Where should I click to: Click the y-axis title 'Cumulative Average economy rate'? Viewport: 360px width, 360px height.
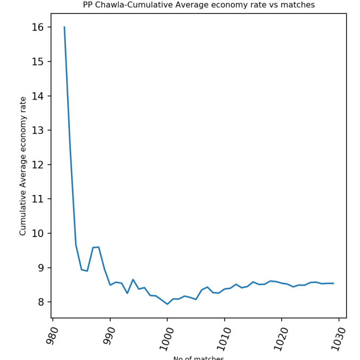click(x=23, y=166)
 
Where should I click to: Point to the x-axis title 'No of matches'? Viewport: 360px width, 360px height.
click(x=199, y=358)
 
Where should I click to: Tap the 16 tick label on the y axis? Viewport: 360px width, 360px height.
click(x=38, y=27)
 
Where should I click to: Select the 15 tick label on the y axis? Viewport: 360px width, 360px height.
click(x=38, y=62)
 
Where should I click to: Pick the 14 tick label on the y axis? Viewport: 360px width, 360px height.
click(x=38, y=96)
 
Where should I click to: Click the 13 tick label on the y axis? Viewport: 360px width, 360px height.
click(x=38, y=130)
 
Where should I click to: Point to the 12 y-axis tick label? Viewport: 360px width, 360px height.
click(x=38, y=165)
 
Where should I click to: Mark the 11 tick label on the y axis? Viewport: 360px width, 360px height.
click(x=38, y=199)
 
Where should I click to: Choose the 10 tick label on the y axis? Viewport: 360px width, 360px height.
click(x=38, y=233)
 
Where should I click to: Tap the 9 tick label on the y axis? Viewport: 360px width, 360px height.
click(x=42, y=268)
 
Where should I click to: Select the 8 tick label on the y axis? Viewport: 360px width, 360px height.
click(x=42, y=302)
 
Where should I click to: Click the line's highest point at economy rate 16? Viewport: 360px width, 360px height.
click(x=64, y=27)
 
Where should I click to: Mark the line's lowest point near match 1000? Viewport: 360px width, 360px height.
click(x=167, y=304)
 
